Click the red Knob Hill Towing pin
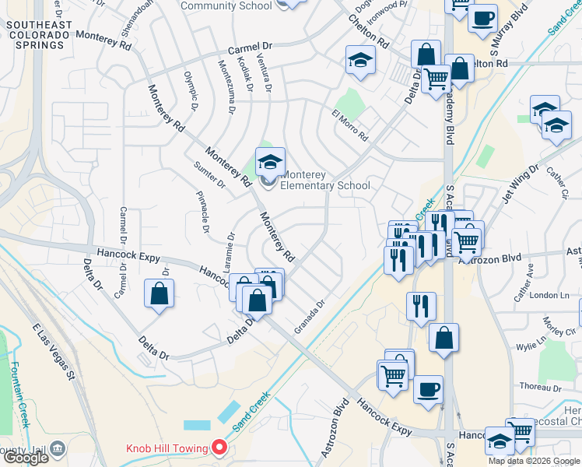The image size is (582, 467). click(x=219, y=448)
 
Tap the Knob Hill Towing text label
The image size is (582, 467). click(x=167, y=448)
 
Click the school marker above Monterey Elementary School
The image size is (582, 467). click(x=270, y=163)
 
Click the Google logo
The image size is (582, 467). click(x=26, y=458)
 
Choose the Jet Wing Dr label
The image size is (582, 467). click(x=521, y=183)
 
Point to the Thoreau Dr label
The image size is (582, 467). click(x=540, y=387)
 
